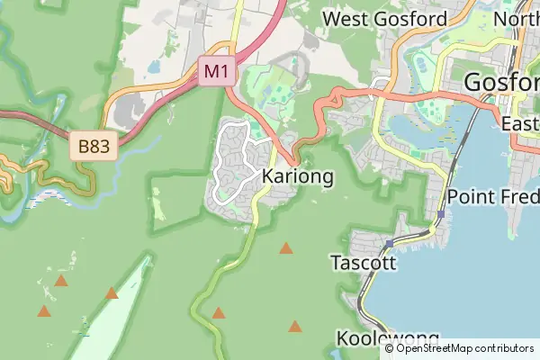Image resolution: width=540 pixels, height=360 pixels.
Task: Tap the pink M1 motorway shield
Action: coord(216,71)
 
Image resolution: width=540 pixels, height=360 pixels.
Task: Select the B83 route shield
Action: coord(94,147)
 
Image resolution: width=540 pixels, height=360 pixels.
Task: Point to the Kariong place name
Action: coord(298,176)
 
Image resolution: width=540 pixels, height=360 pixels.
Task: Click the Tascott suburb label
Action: coord(363,264)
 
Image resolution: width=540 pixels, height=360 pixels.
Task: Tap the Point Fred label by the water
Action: coord(493,196)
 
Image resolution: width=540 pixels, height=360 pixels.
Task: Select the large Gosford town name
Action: coord(501,83)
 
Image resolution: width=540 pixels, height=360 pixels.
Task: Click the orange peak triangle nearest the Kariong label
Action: coord(286,248)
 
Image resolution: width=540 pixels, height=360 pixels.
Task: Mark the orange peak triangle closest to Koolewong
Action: coord(295,326)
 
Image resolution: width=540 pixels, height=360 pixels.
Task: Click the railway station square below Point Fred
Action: coord(441,215)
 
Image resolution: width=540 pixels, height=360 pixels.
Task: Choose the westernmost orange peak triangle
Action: coord(43,311)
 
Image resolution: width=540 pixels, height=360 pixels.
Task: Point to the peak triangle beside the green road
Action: coord(218,313)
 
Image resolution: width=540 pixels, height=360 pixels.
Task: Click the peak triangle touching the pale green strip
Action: coord(112,293)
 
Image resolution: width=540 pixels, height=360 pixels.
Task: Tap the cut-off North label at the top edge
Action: coord(517,19)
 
